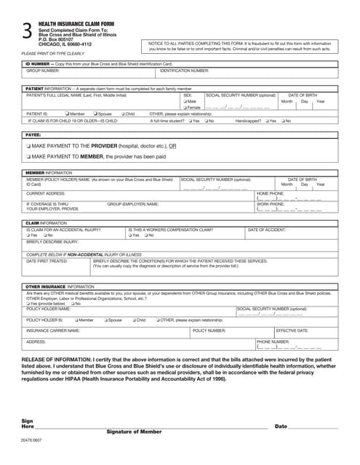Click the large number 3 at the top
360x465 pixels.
click(x=27, y=31)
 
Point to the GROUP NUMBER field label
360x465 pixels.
click(x=44, y=71)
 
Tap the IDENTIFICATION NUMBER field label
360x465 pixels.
click(x=184, y=71)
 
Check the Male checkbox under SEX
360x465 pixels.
click(x=185, y=101)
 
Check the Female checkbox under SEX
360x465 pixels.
click(x=185, y=107)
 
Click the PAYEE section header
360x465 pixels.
click(x=33, y=135)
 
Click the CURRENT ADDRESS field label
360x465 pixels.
click(x=46, y=194)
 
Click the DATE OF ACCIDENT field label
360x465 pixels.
click(x=267, y=230)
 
